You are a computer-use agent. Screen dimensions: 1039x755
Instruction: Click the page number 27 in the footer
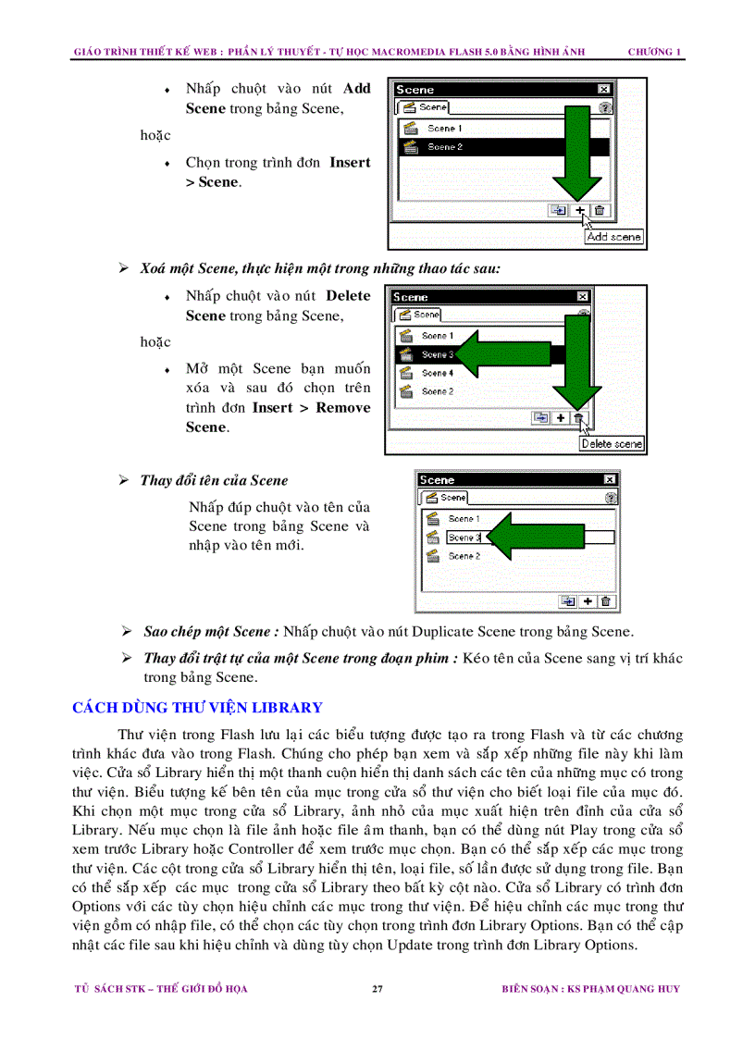pyautogui.click(x=377, y=989)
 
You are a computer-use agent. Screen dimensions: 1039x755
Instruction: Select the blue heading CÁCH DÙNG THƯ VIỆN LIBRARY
pyautogui.click(x=197, y=708)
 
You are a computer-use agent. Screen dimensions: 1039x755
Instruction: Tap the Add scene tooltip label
pyautogui.click(x=614, y=237)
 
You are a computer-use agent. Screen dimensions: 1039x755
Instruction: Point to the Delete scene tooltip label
pyautogui.click(x=612, y=444)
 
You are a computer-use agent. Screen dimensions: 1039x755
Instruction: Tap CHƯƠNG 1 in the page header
pyautogui.click(x=654, y=52)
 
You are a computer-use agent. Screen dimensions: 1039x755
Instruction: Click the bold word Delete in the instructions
pyautogui.click(x=348, y=296)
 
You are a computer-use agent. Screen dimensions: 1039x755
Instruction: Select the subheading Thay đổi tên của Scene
pyautogui.click(x=214, y=480)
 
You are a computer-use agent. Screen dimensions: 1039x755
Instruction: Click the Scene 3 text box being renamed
pyautogui.click(x=464, y=538)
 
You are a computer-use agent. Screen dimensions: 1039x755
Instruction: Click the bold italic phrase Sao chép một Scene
pyautogui.click(x=211, y=632)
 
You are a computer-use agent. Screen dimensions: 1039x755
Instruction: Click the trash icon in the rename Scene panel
pyautogui.click(x=606, y=601)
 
